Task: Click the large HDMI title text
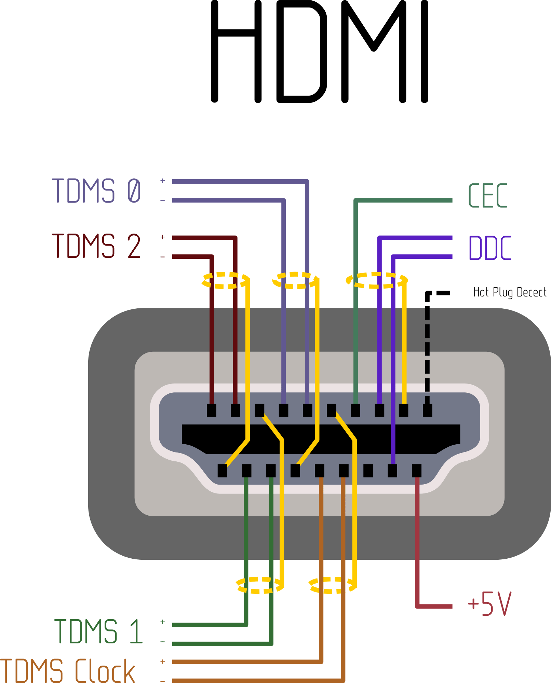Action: point(320,51)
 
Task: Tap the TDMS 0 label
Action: point(96,191)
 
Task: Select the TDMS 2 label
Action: point(96,246)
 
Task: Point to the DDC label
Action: point(490,248)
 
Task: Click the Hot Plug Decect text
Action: point(510,293)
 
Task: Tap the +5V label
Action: point(490,604)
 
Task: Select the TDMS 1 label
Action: point(98,631)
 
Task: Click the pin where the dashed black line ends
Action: point(427,410)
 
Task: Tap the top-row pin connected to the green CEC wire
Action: point(355,410)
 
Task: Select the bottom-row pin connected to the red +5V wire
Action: point(417,471)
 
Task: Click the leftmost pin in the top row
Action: point(212,410)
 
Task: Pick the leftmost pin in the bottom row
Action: point(222,471)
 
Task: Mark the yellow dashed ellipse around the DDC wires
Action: point(376,280)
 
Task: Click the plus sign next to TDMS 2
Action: point(163,237)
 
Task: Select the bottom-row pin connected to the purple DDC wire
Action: point(392,471)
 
